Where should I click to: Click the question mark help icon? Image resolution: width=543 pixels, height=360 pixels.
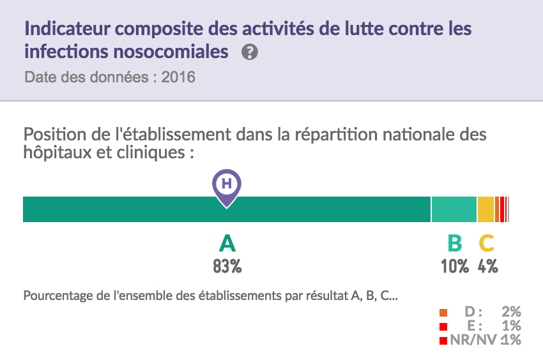click(250, 52)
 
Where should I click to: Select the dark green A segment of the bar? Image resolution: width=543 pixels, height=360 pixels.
click(128, 209)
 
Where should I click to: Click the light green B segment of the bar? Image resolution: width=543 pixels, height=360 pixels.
click(454, 209)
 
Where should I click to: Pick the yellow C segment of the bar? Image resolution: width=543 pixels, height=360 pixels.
click(486, 209)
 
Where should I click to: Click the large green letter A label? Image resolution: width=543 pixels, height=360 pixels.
click(227, 243)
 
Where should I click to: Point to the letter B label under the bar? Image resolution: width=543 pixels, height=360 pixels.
click(454, 243)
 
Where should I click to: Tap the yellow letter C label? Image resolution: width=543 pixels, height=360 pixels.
click(487, 243)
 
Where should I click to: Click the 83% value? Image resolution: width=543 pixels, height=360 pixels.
click(227, 266)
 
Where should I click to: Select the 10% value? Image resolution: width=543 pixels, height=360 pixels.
click(454, 266)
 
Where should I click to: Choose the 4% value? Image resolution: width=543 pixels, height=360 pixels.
click(487, 266)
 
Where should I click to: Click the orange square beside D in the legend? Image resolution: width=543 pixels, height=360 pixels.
click(443, 313)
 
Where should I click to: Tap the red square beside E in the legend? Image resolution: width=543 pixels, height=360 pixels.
click(443, 327)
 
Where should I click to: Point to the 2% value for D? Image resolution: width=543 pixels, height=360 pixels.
click(511, 312)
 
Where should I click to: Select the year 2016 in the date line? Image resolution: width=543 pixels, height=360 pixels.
click(178, 78)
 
